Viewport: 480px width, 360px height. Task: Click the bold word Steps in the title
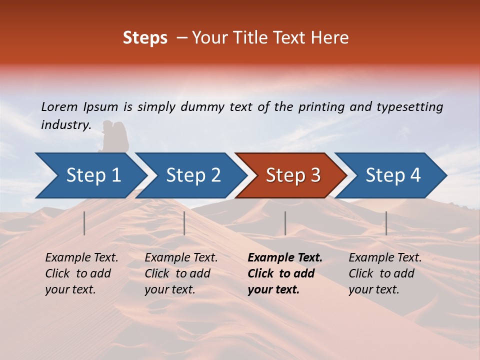coord(145,38)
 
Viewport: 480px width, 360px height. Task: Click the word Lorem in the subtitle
coord(59,106)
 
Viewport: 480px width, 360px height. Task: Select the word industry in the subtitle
coord(65,124)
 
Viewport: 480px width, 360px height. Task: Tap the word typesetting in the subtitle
coord(409,107)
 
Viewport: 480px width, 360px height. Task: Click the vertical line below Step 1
coord(84,223)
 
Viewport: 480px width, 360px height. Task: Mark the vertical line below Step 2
coord(184,223)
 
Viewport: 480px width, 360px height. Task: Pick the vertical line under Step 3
coord(285,223)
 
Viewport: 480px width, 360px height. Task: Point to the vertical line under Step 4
coord(386,223)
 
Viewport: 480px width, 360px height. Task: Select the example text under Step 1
coord(81,273)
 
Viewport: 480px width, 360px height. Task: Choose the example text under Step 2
coord(181,273)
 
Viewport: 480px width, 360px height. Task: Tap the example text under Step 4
coord(385,273)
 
